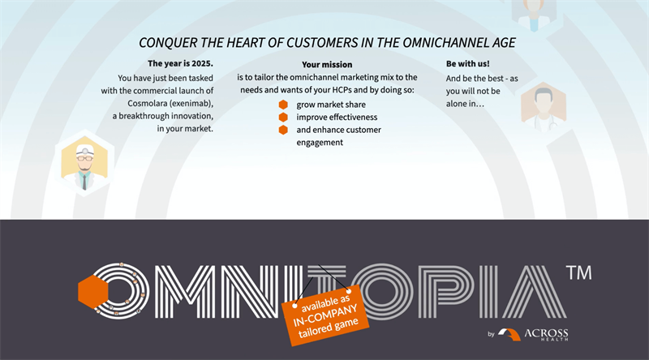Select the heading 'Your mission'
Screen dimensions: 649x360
pyautogui.click(x=327, y=65)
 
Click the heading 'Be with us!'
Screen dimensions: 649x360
pyautogui.click(x=468, y=64)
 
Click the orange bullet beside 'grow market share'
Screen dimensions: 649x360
pyautogui.click(x=283, y=105)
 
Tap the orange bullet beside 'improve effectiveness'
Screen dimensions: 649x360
pyautogui.click(x=283, y=117)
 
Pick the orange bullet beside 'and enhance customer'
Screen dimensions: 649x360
pyautogui.click(x=283, y=130)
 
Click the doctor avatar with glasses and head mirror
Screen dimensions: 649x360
pyautogui.click(x=84, y=163)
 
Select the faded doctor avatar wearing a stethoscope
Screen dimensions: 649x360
pyautogui.click(x=544, y=105)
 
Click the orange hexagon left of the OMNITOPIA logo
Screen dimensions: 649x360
pyautogui.click(x=92, y=292)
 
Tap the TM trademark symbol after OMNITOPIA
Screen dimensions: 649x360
pyautogui.click(x=578, y=272)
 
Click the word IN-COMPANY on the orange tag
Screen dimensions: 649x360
pyautogui.click(x=325, y=315)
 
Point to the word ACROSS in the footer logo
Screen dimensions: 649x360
pyautogui.click(x=546, y=333)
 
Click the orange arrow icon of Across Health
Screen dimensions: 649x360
pyautogui.click(x=509, y=334)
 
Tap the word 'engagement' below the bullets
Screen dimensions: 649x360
pyautogui.click(x=320, y=143)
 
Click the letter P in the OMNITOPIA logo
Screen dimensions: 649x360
pyautogui.click(x=445, y=292)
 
